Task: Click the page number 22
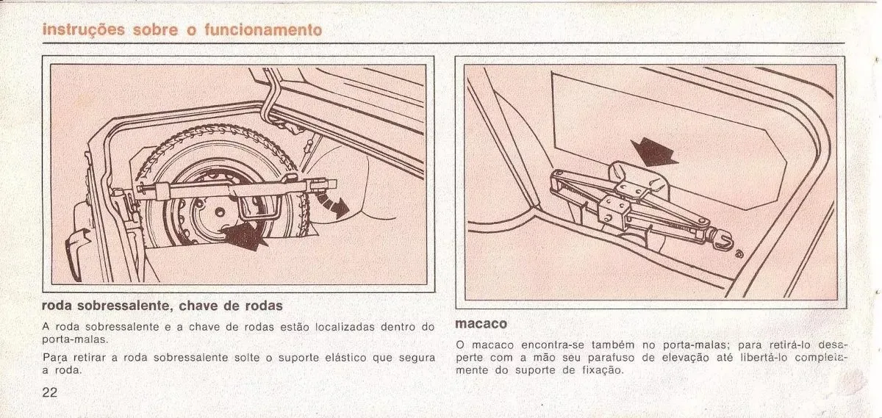point(50,392)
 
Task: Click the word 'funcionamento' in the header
point(263,30)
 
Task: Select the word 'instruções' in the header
point(84,30)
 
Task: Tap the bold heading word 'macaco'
point(481,324)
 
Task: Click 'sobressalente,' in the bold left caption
point(125,306)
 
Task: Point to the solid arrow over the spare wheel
point(245,235)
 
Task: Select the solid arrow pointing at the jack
point(653,152)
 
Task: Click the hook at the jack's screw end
point(724,240)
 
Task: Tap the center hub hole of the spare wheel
point(220,212)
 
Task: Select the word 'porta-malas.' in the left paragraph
point(75,339)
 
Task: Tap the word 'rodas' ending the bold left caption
point(264,306)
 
